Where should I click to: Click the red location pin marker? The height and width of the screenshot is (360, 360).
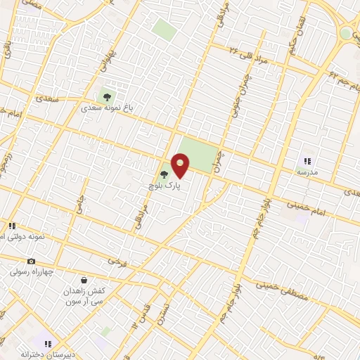(181, 166)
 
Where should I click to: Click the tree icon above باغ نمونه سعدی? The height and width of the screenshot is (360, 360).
(107, 96)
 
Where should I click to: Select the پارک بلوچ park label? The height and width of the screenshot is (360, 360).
(164, 186)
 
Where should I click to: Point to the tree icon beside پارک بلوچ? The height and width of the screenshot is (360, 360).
(165, 174)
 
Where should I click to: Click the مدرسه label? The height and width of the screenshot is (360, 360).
(307, 172)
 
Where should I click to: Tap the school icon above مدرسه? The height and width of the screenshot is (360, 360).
(307, 161)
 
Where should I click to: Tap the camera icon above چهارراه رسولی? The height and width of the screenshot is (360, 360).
(31, 262)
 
